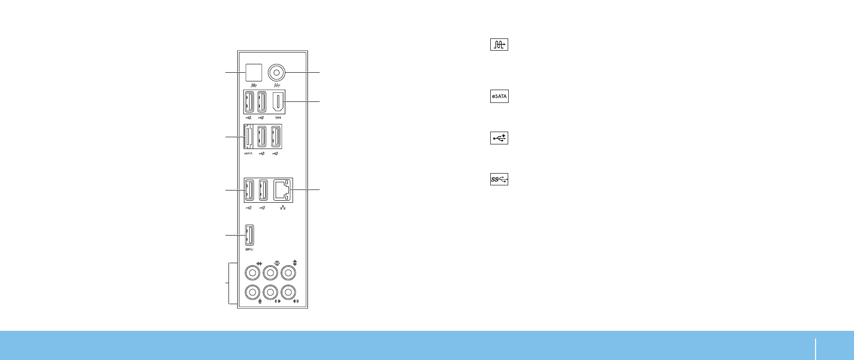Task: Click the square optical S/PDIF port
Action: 254,72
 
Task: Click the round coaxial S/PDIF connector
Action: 277,72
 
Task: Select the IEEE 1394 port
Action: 277,101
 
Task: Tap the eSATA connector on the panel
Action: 247,137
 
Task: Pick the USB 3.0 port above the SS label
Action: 249,235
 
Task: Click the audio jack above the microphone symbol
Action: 252,292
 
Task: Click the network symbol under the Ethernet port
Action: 283,207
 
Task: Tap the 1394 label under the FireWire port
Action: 277,117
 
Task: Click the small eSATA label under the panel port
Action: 248,153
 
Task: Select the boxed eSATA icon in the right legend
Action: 499,96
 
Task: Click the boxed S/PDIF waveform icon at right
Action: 499,45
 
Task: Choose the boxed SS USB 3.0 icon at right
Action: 499,179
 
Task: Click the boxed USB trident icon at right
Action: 499,138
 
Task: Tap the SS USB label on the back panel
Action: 249,249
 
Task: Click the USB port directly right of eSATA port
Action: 261,137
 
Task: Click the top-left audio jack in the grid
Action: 252,272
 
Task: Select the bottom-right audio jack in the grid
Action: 288,292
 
